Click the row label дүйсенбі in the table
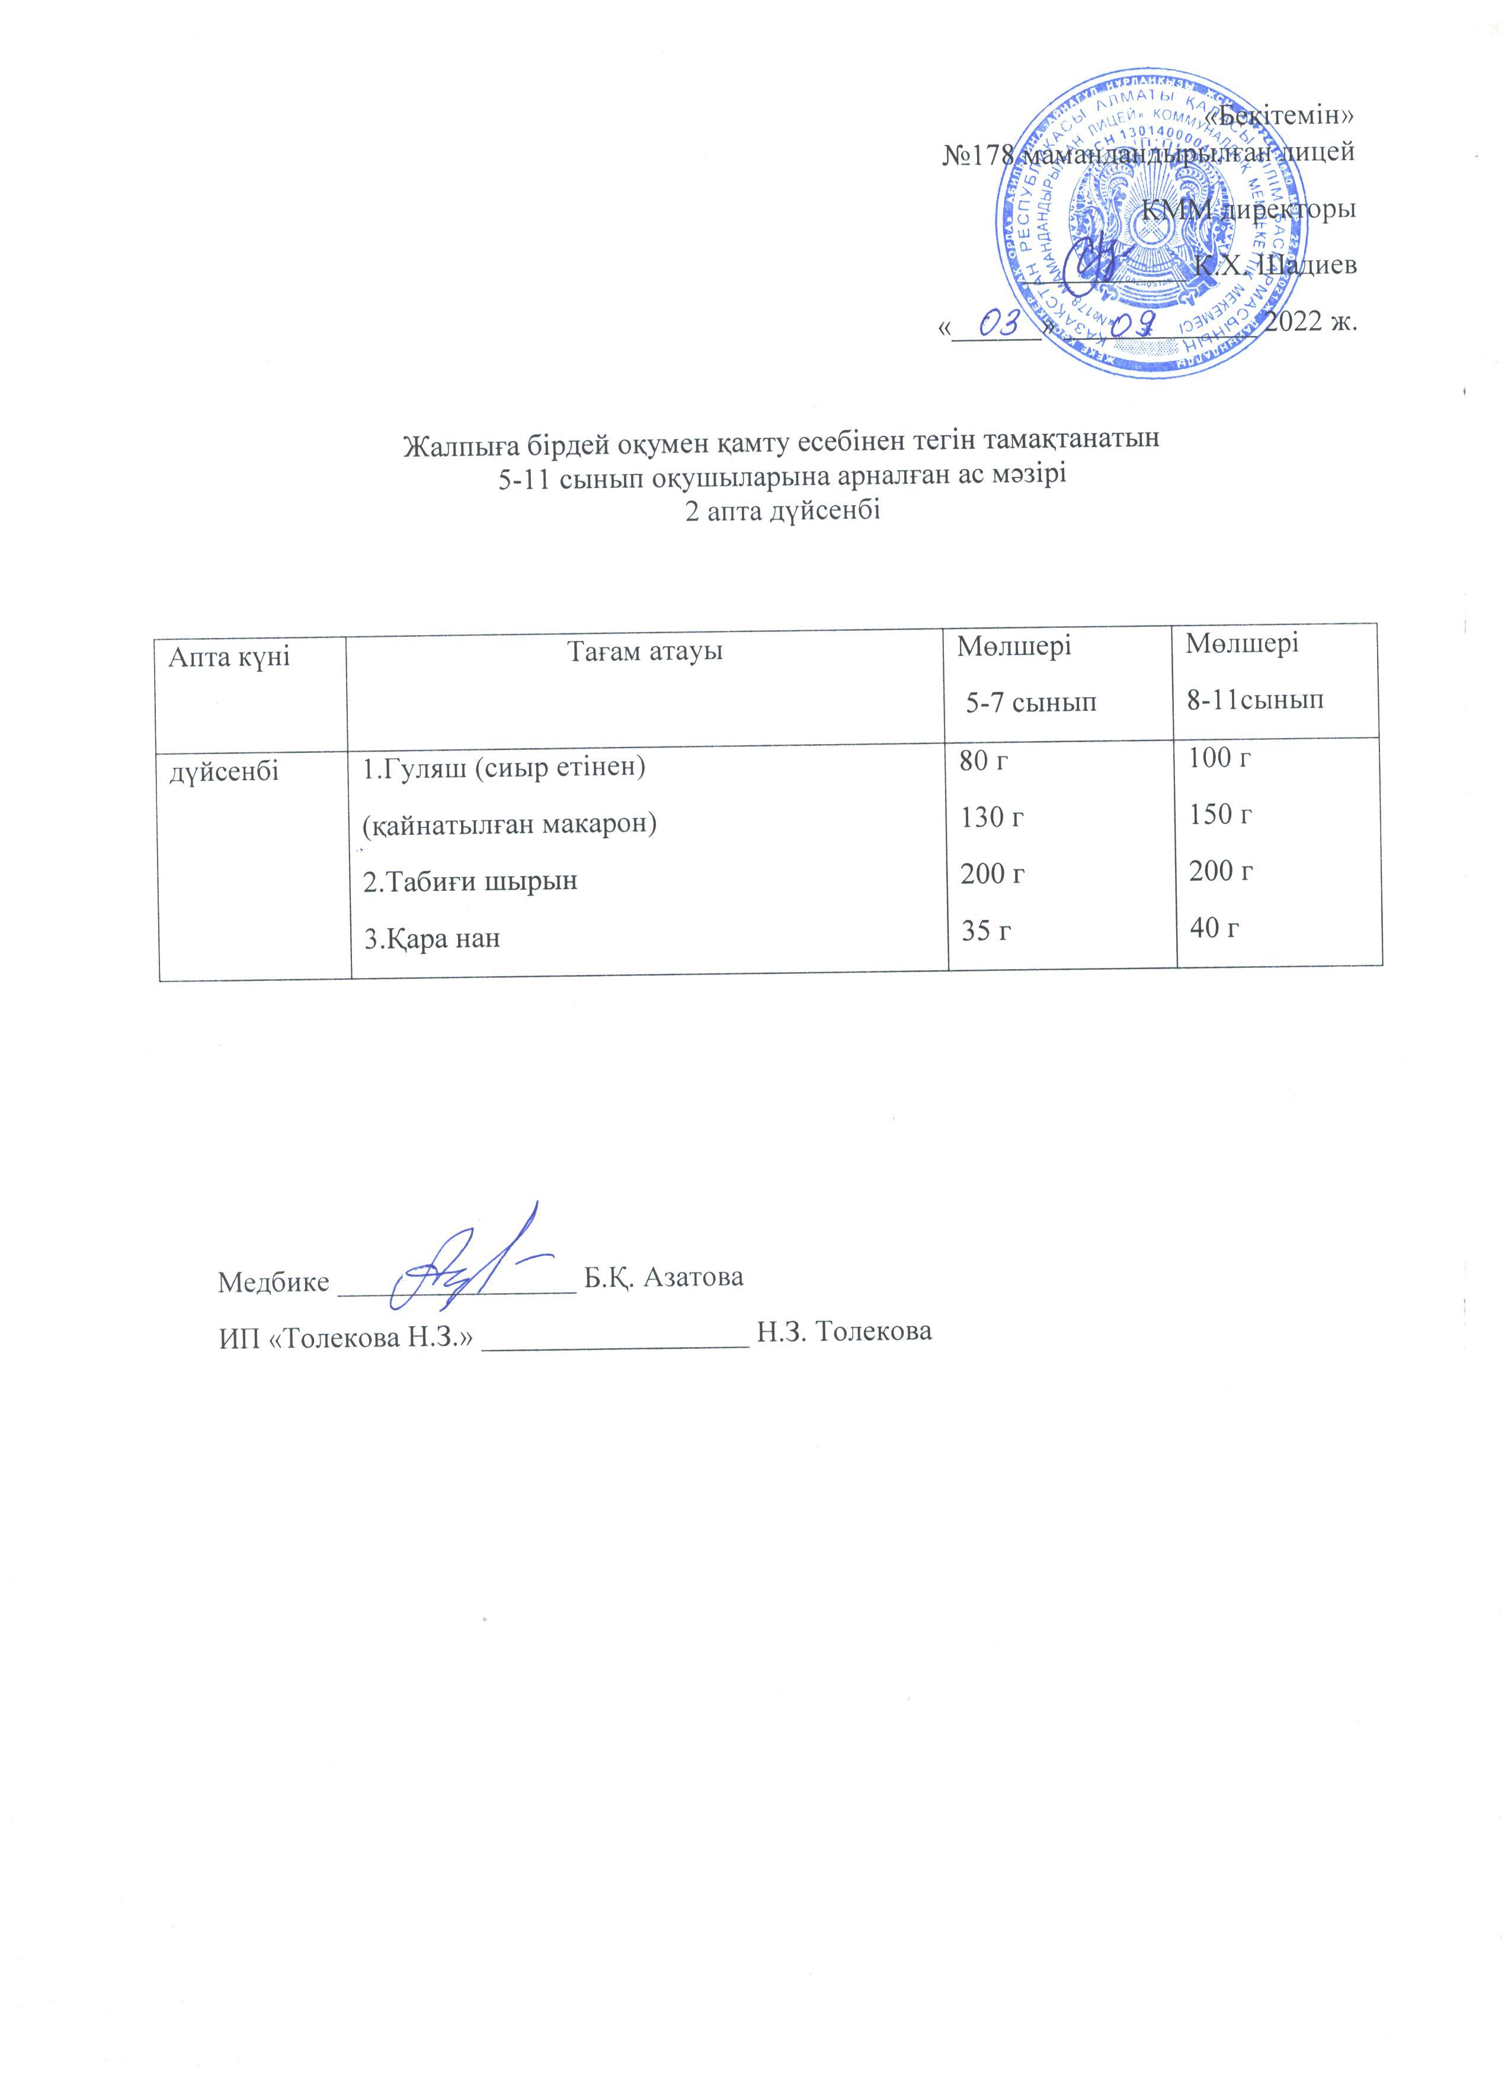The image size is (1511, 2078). tap(223, 771)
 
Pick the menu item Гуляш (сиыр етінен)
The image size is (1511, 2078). tap(505, 768)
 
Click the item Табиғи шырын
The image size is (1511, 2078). tap(470, 881)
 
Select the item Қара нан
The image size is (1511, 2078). tap(433, 939)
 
